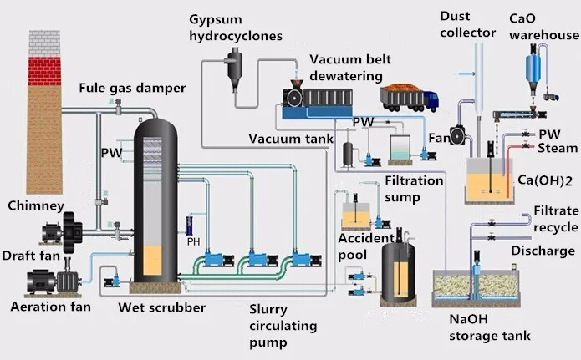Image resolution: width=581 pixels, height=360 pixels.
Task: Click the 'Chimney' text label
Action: (x=34, y=205)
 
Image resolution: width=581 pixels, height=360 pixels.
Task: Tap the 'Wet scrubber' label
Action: (x=161, y=307)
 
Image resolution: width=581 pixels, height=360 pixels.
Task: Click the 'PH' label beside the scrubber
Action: (x=193, y=242)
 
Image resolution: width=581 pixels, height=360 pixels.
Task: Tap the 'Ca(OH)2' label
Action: (x=544, y=180)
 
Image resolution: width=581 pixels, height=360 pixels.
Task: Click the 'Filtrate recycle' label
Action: (x=553, y=219)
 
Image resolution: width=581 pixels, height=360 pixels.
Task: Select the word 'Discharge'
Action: (x=543, y=251)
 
